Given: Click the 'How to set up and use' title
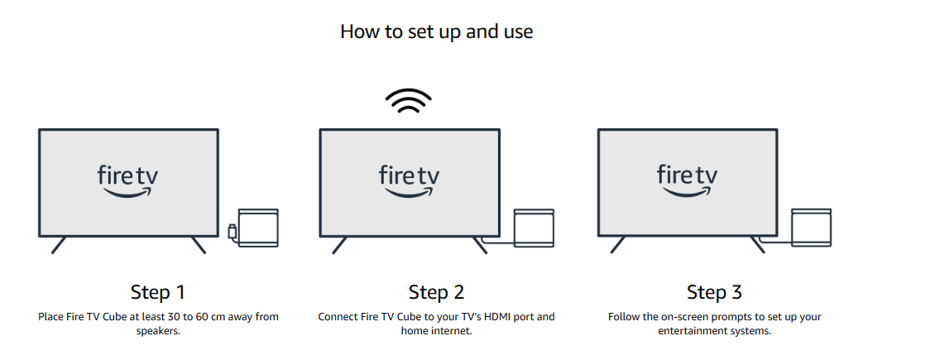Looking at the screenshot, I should tap(436, 31).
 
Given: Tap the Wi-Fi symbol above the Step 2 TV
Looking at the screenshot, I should tap(408, 102).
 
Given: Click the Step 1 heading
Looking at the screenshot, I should tap(158, 292).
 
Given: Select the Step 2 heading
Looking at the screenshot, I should tap(436, 292).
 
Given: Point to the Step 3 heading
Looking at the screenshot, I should tap(714, 292).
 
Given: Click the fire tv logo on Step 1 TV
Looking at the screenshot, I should tap(128, 180).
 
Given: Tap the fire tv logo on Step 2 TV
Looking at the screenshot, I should tap(409, 180).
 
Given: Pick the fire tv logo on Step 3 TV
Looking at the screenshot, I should tap(687, 180).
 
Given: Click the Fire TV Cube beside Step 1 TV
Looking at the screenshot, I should tap(258, 228).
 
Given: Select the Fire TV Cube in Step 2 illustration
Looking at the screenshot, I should tap(534, 228).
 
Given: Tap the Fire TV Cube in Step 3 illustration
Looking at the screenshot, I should tap(812, 228).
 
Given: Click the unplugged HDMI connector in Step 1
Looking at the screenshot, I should tap(232, 231).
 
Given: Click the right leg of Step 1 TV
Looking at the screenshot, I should tap(199, 245).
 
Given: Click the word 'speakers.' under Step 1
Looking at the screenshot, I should tap(158, 331).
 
